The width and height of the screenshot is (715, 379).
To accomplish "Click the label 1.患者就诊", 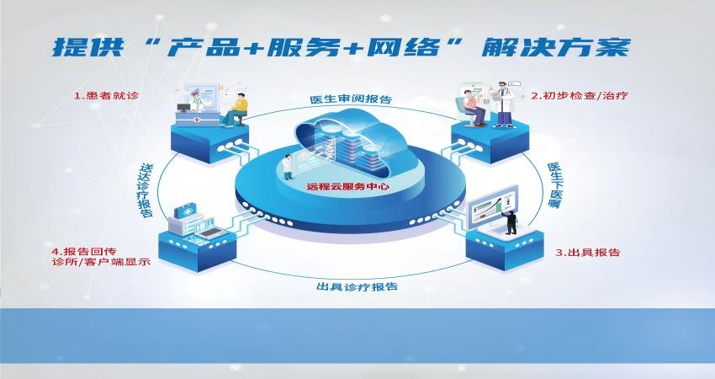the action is click(x=106, y=95).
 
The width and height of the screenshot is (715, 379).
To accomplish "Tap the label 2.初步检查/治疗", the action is click(x=579, y=95).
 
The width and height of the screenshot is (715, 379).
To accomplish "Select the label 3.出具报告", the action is click(x=587, y=253).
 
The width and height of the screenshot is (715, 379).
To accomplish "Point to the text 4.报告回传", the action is click(x=84, y=252).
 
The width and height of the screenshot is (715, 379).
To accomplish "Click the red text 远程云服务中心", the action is click(x=347, y=186).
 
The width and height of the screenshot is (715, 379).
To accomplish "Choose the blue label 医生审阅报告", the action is click(x=351, y=99).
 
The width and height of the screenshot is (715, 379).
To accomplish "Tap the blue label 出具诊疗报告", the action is click(x=357, y=286).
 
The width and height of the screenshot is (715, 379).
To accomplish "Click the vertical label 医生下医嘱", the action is click(x=555, y=185).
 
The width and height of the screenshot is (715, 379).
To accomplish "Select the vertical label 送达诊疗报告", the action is click(x=146, y=190).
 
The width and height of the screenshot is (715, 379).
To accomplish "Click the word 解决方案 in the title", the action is click(x=556, y=47).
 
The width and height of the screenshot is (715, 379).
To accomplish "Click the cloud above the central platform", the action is click(x=351, y=141).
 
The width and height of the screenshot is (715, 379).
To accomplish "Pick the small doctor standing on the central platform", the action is click(x=288, y=167).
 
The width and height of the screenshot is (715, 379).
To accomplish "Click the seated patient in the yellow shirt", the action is click(x=236, y=109).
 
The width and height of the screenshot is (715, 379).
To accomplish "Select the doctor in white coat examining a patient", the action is click(x=504, y=104).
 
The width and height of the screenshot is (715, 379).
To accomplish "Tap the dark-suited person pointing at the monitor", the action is click(x=511, y=221).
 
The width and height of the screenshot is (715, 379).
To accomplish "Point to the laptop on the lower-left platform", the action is click(x=213, y=233).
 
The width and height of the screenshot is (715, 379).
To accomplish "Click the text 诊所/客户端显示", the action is click(x=101, y=262).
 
